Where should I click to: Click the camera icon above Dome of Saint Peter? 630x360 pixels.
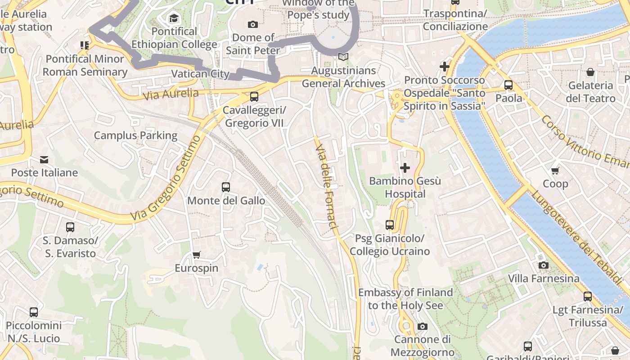(x=253, y=24)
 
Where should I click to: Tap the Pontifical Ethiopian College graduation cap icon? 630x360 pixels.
(x=174, y=18)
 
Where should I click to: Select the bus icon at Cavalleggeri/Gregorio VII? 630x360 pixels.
(x=254, y=97)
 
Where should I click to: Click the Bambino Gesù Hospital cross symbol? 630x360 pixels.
(x=405, y=168)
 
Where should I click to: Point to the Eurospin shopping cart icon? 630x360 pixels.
(x=197, y=255)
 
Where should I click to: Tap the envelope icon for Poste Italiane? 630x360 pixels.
(x=44, y=160)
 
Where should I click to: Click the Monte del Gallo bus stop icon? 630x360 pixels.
(x=226, y=187)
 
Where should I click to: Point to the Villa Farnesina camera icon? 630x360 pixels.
(x=544, y=265)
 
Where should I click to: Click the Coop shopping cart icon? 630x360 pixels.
(x=555, y=171)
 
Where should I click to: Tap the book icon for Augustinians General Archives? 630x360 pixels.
(x=343, y=57)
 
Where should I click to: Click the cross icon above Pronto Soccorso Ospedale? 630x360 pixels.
(x=445, y=67)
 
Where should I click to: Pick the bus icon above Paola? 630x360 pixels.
(x=508, y=85)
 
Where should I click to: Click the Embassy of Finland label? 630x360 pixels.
(x=405, y=299)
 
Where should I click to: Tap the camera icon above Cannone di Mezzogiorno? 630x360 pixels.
(x=422, y=326)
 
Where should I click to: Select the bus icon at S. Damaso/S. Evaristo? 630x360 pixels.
(x=70, y=227)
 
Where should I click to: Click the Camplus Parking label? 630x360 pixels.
(x=135, y=135)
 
